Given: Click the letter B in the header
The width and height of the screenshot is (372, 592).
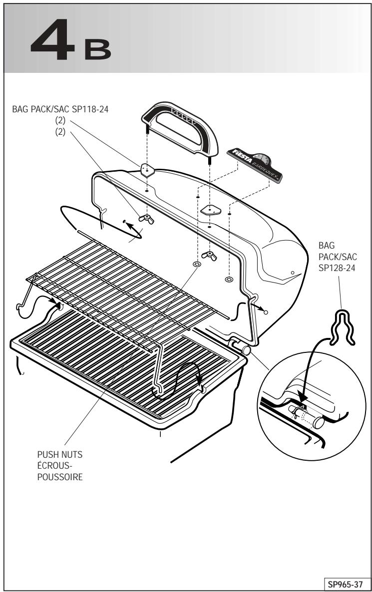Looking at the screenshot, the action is (x=98, y=49).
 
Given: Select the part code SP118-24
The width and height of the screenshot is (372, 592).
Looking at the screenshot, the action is (x=90, y=109).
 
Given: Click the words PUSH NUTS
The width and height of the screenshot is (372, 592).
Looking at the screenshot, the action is (x=60, y=455).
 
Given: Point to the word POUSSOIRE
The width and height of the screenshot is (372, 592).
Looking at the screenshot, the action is (x=60, y=477).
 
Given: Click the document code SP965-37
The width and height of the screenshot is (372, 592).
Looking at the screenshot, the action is (x=345, y=585).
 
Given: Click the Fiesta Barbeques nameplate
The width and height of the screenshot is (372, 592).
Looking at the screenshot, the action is (x=255, y=165).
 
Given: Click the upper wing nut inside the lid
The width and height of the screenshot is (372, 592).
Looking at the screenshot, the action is (x=146, y=219).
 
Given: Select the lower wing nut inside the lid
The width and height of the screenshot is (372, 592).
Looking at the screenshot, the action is (x=209, y=256).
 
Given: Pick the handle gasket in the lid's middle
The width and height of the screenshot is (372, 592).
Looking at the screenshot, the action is (x=211, y=210).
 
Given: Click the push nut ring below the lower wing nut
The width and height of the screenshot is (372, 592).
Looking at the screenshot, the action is (x=196, y=264).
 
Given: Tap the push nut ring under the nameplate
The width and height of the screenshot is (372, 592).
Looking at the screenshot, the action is (x=229, y=280).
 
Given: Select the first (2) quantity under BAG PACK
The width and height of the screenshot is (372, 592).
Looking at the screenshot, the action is (x=60, y=120).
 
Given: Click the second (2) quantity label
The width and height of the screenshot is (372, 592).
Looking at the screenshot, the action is (x=60, y=132).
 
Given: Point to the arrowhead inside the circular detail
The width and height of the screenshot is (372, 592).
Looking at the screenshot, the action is (x=302, y=397).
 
